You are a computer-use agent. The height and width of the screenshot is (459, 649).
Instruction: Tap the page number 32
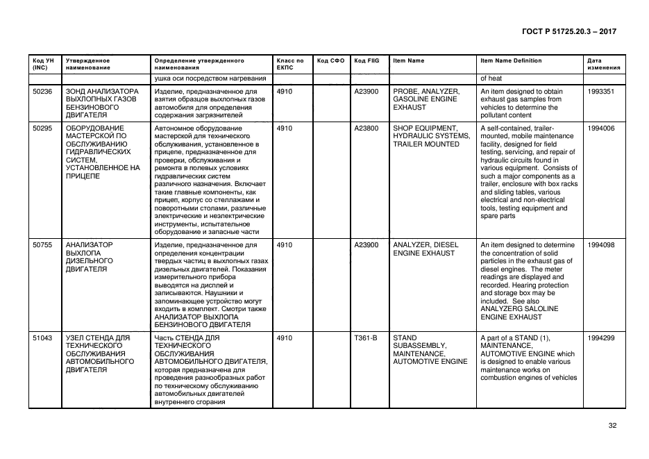pyautogui.click(x=612, y=426)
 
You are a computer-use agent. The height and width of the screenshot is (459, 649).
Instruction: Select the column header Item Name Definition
pyautogui.click(x=511, y=61)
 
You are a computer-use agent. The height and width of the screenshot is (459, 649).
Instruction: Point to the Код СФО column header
pyautogui.click(x=330, y=61)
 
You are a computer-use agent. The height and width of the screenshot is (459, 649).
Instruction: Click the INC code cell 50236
pyautogui.click(x=42, y=91)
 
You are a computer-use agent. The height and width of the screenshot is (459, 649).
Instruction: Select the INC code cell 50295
pyautogui.click(x=42, y=128)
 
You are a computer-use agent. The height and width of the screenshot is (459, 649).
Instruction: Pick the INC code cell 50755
pyautogui.click(x=42, y=245)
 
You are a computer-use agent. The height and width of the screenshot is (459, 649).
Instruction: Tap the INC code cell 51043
pyautogui.click(x=42, y=337)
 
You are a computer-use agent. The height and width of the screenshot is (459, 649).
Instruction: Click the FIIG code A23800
pyautogui.click(x=366, y=128)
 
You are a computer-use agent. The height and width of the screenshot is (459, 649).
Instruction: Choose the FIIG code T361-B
pyautogui.click(x=366, y=337)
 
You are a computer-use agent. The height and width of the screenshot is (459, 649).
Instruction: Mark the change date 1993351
pyautogui.click(x=600, y=91)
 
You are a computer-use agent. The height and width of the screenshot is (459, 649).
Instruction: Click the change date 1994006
pyautogui.click(x=600, y=128)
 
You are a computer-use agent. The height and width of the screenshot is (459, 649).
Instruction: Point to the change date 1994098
pyautogui.click(x=600, y=245)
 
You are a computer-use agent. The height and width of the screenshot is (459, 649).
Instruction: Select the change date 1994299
pyautogui.click(x=600, y=337)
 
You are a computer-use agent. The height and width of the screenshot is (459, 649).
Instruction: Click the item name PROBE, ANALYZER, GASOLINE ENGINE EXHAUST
pyautogui.click(x=426, y=99)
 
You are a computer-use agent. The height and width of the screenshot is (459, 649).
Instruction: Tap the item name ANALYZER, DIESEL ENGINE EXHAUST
pyautogui.click(x=423, y=249)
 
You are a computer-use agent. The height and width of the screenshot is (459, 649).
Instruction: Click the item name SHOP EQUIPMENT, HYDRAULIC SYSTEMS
pyautogui.click(x=426, y=136)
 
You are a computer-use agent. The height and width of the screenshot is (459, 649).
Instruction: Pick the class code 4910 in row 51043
pyautogui.click(x=284, y=337)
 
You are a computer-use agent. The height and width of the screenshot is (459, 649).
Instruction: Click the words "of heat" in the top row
pyautogui.click(x=491, y=78)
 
